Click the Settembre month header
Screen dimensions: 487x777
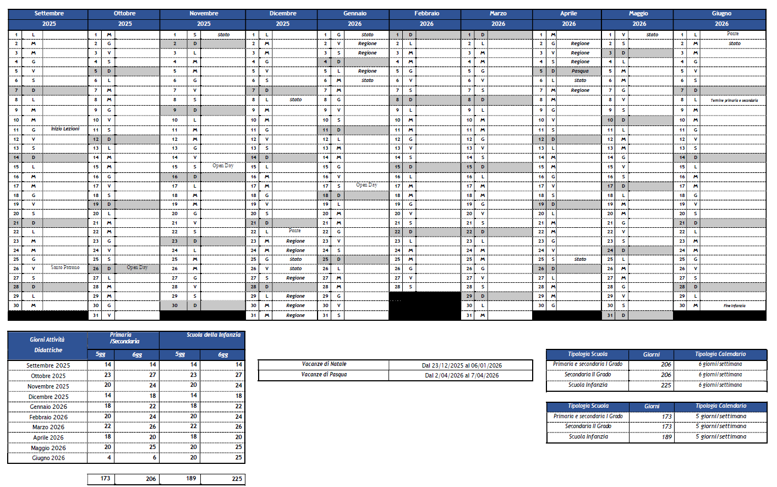[x=49, y=13]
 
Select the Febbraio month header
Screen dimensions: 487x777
[x=426, y=13]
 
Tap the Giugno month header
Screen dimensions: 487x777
[x=721, y=13]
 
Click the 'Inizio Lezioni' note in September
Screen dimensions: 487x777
[x=65, y=129]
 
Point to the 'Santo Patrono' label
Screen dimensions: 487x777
[x=65, y=267]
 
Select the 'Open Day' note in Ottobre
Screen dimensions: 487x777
[x=137, y=267]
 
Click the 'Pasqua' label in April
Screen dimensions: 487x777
[x=580, y=71]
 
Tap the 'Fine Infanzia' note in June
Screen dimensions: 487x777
[x=734, y=306]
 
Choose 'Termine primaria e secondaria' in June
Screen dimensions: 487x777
[x=734, y=101]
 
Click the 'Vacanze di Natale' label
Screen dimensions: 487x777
[x=324, y=364]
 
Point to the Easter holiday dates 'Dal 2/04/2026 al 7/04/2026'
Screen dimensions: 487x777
[x=462, y=375]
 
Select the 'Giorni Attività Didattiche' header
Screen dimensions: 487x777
[x=48, y=345]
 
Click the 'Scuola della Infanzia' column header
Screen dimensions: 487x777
[x=214, y=335]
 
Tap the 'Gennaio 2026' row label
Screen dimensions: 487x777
[x=48, y=407]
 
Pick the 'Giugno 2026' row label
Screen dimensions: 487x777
[x=48, y=458]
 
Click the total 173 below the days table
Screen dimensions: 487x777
[x=105, y=479]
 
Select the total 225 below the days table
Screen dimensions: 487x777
[x=237, y=479]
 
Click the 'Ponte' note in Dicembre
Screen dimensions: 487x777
[x=295, y=231]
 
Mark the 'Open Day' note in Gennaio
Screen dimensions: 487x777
[x=366, y=185]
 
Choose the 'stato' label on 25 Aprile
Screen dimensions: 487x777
[x=580, y=259]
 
